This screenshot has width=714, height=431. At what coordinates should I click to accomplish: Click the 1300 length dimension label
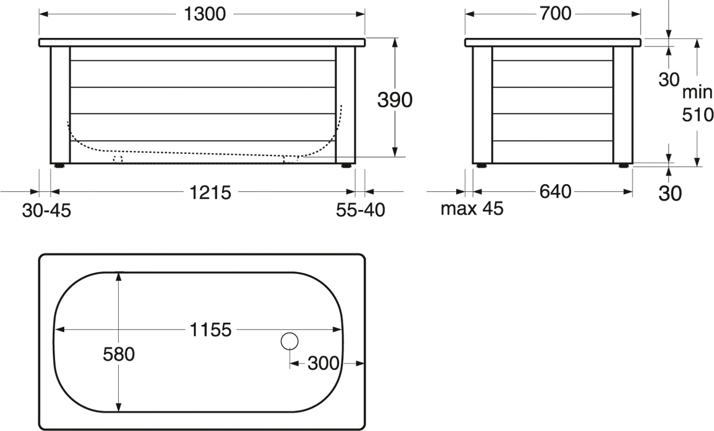click(205, 14)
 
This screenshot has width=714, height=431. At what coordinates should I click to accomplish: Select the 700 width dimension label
click(555, 14)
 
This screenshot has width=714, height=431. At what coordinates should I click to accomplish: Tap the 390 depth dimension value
click(395, 100)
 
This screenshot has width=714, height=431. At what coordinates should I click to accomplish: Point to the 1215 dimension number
click(211, 193)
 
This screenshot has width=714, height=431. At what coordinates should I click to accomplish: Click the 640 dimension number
click(555, 192)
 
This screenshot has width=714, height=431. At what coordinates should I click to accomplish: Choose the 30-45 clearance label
click(46, 211)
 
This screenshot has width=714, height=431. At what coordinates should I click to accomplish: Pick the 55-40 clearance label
click(360, 210)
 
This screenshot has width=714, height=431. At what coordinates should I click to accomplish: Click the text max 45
click(472, 208)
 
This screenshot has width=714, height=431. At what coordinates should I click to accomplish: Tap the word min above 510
click(697, 92)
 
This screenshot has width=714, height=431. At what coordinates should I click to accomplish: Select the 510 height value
click(697, 115)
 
